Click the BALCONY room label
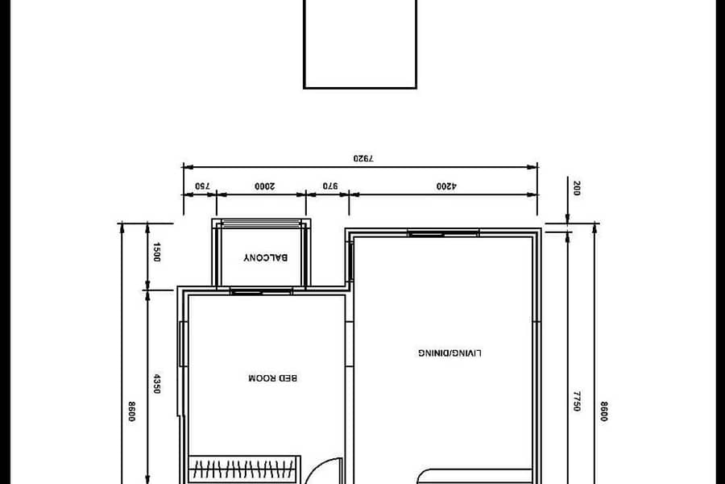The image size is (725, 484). pyautogui.click(x=265, y=257)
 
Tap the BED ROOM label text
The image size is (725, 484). pyautogui.click(x=273, y=378)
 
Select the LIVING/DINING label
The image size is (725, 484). pyautogui.click(x=449, y=353)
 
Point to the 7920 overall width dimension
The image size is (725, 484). pyautogui.click(x=363, y=158)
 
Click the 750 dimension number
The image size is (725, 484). pyautogui.click(x=202, y=186)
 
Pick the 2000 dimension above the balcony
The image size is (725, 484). pyautogui.click(x=264, y=186)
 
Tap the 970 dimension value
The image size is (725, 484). pyautogui.click(x=330, y=186)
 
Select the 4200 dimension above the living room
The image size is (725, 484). pyautogui.click(x=446, y=186)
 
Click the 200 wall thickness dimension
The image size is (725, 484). pyautogui.click(x=576, y=189)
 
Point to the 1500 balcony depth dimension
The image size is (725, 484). pyautogui.click(x=156, y=252)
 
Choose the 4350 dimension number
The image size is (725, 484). pyautogui.click(x=157, y=384)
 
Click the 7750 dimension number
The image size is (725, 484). pyautogui.click(x=577, y=401)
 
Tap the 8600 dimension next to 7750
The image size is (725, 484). pyautogui.click(x=603, y=411)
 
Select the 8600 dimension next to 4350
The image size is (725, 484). pyautogui.click(x=131, y=411)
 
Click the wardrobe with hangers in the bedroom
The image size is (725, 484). pyautogui.click(x=244, y=469)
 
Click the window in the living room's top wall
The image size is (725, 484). pyautogui.click(x=443, y=233)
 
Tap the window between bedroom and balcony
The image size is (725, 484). pyautogui.click(x=261, y=291)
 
